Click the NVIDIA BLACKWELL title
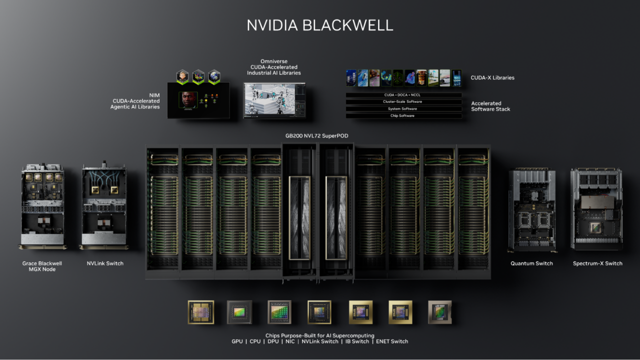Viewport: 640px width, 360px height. pyautogui.click(x=320, y=25)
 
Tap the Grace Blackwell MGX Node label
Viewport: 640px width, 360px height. pyautogui.click(x=42, y=266)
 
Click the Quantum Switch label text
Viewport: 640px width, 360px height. pyautogui.click(x=531, y=263)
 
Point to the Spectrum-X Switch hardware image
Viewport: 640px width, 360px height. pyautogui.click(x=596, y=208)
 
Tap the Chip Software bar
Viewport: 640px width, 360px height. pyautogui.click(x=403, y=116)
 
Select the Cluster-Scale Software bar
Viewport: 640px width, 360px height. pyautogui.click(x=403, y=102)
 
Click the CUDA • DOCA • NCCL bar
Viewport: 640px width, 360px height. pyautogui.click(x=403, y=95)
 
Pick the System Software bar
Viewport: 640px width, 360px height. pyautogui.click(x=403, y=109)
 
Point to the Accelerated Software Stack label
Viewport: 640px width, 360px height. pyautogui.click(x=490, y=106)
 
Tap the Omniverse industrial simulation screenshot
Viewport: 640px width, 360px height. pyautogui.click(x=274, y=100)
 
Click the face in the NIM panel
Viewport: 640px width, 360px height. pyautogui.click(x=188, y=100)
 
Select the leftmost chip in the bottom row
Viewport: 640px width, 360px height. pyautogui.click(x=200, y=312)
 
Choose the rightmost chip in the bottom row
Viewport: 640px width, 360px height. pyautogui.click(x=440, y=312)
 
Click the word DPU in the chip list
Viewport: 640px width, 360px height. pyautogui.click(x=273, y=341)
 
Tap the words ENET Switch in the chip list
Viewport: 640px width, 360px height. pyautogui.click(x=391, y=341)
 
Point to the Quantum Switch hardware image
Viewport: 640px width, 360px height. pyautogui.click(x=532, y=210)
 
